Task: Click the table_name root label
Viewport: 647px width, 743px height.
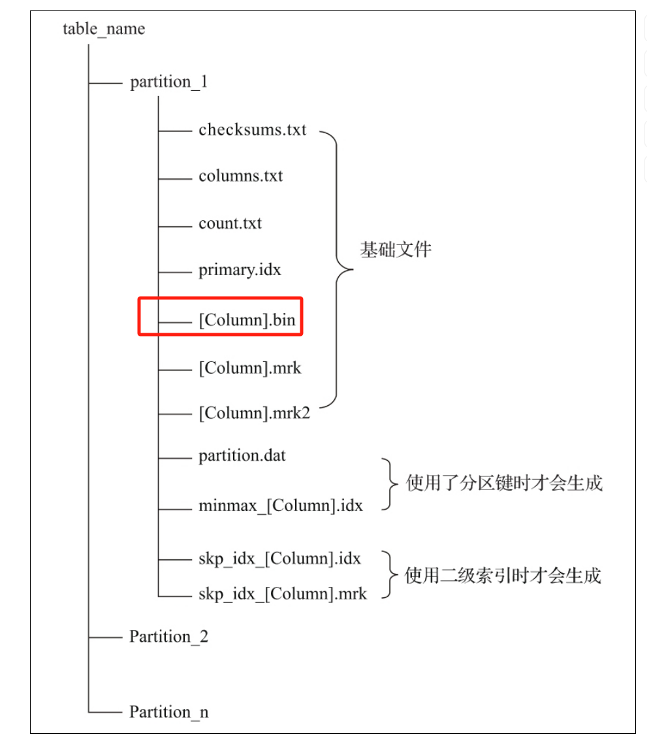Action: click(x=104, y=29)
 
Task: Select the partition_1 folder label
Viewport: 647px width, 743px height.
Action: click(x=169, y=82)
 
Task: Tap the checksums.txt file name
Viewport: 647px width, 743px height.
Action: click(x=252, y=129)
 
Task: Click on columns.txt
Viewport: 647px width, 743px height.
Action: click(x=240, y=176)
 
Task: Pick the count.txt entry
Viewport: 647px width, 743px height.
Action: click(x=230, y=223)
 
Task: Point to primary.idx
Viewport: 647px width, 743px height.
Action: click(x=240, y=270)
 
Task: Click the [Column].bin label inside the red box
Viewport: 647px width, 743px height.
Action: click(x=247, y=321)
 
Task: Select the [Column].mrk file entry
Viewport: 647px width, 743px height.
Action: click(x=250, y=368)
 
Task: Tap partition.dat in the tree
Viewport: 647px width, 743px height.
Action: click(x=242, y=456)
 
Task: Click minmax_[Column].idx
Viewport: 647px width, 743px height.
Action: click(x=280, y=506)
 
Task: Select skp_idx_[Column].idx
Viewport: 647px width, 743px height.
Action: click(x=279, y=559)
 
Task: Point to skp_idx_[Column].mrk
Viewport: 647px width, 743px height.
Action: click(x=282, y=594)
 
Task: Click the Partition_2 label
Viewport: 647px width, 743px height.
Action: click(x=168, y=636)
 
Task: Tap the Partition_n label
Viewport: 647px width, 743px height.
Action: click(x=168, y=712)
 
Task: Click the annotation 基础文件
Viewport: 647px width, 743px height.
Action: click(x=396, y=250)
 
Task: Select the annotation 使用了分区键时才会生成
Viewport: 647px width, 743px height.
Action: click(x=504, y=484)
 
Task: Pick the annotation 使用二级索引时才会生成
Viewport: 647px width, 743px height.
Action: click(x=503, y=576)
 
